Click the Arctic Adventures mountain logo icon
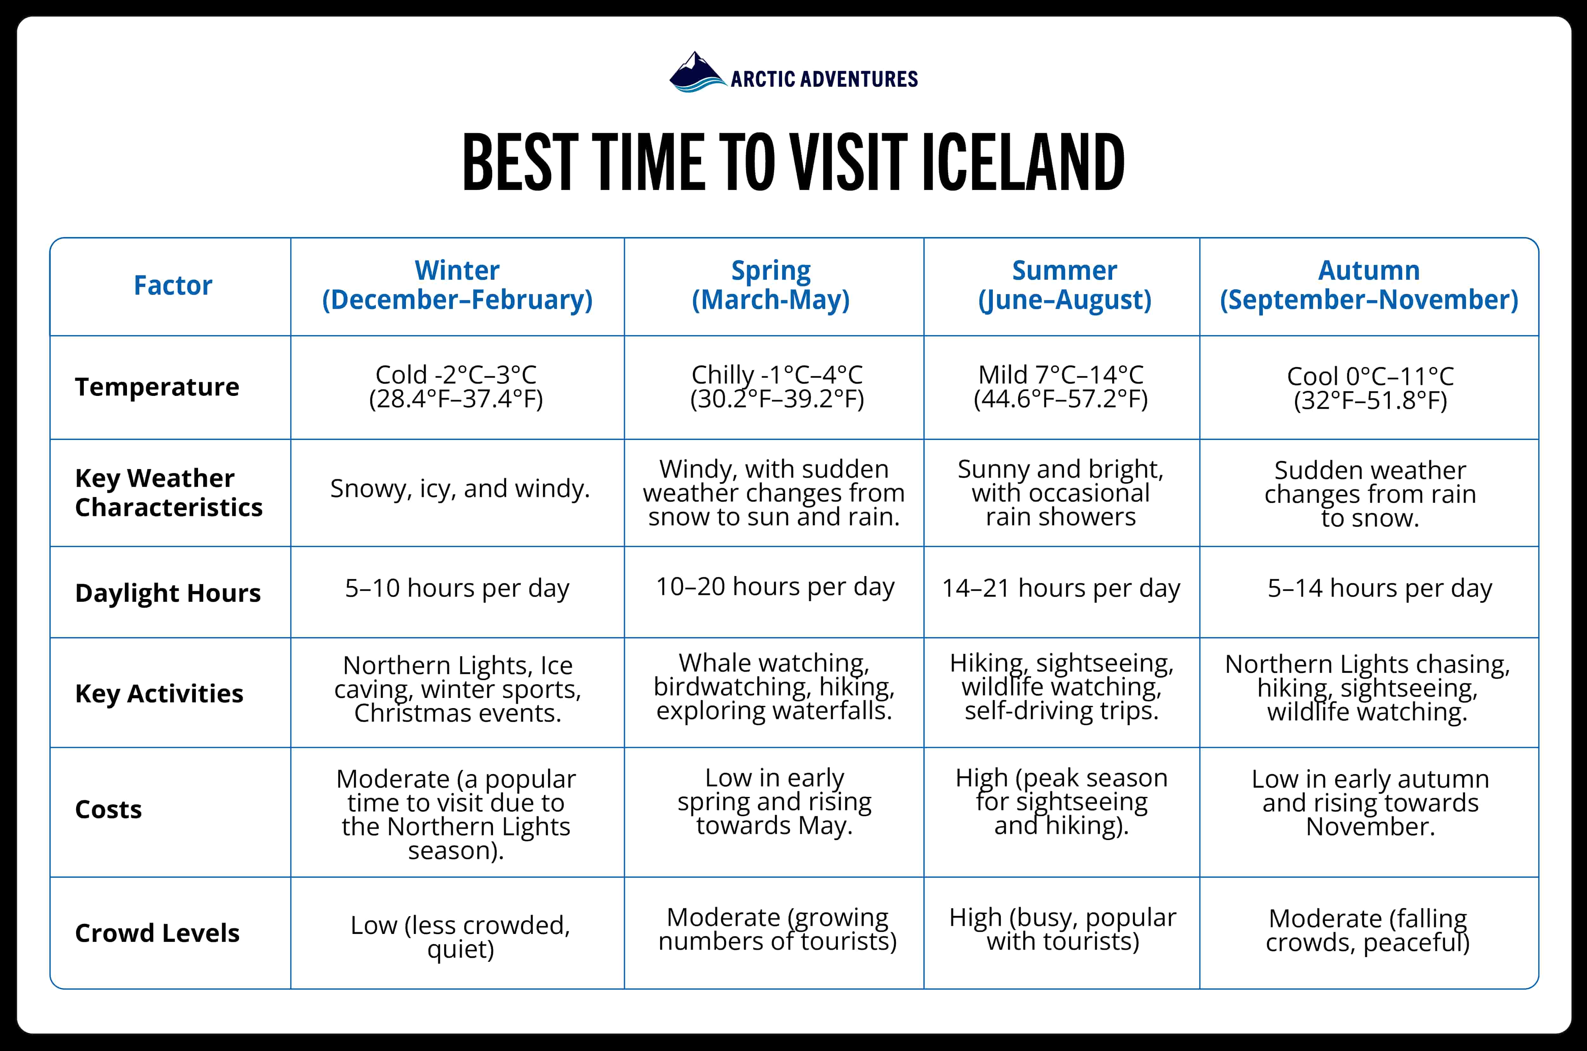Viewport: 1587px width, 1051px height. coord(697,72)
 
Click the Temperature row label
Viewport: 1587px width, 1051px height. coord(157,387)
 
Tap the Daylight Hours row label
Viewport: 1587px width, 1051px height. coord(168,593)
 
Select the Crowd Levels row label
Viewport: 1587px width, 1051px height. coord(157,932)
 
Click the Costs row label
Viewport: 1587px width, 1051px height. coord(109,809)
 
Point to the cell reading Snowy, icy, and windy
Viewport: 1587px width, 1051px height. coord(460,489)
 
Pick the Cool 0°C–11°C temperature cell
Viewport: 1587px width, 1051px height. coord(1370,388)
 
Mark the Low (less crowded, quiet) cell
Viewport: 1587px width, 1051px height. coord(460,936)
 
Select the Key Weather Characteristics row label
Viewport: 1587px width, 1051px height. coord(168,493)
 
